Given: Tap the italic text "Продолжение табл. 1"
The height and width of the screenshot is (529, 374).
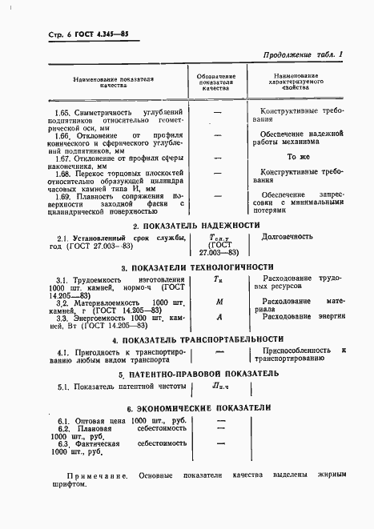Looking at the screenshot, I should (301, 54).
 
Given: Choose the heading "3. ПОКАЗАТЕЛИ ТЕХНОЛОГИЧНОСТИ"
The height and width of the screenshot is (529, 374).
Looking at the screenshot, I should (198, 267).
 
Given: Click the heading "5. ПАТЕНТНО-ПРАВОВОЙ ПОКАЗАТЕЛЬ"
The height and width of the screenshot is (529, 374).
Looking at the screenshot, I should (199, 373).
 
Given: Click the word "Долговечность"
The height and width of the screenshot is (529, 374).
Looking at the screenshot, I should (288, 237).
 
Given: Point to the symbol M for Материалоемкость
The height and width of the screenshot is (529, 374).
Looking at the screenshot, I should (218, 302).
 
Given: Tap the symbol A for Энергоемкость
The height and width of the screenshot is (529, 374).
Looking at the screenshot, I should (218, 316).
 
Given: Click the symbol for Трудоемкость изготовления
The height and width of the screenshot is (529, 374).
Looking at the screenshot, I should (218, 279).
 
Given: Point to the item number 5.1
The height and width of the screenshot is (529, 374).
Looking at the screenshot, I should (63, 387).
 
